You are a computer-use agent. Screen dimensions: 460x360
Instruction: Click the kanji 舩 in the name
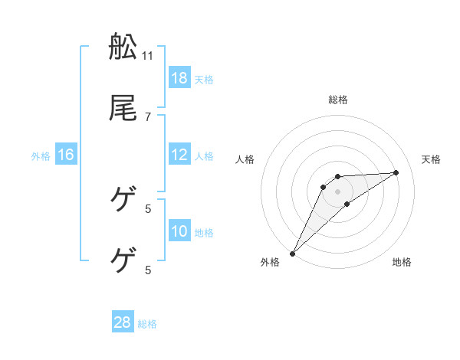tap(123, 47)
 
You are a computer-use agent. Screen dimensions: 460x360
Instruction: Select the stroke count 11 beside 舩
tap(148, 55)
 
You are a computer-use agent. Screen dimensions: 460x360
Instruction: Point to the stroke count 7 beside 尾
tap(148, 116)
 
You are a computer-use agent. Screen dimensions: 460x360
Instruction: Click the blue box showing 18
tap(179, 78)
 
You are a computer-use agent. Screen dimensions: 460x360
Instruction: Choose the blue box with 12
tap(179, 155)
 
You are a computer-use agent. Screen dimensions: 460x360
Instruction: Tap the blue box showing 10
tap(179, 231)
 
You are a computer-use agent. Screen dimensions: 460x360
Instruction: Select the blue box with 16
tap(66, 155)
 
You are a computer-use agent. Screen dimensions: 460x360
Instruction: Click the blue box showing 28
tap(123, 323)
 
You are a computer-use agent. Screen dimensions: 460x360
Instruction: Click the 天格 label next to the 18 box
tap(204, 79)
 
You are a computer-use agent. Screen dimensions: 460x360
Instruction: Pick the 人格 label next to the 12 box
tap(204, 155)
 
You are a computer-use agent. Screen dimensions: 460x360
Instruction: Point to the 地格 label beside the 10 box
tap(204, 232)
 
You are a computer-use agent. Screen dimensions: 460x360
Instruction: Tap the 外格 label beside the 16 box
tap(41, 155)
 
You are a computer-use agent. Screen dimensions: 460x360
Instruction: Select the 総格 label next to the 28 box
tap(147, 324)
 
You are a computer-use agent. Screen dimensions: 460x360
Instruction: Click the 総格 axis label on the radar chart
tap(337, 100)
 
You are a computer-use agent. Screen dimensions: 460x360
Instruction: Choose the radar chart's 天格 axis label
tap(432, 159)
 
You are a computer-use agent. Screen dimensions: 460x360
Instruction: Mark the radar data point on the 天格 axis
tap(396, 172)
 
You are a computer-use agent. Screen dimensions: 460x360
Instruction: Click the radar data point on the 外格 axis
tap(292, 254)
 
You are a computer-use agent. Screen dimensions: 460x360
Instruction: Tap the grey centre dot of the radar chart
tap(337, 191)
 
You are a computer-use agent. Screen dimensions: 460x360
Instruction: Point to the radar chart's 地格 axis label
tap(402, 262)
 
